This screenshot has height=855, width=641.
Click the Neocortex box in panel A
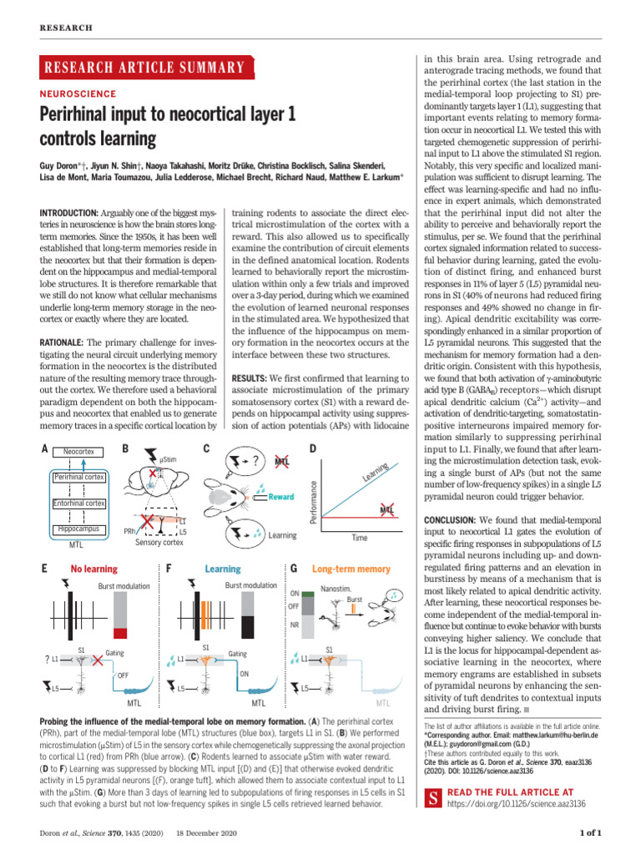pyautogui.click(x=78, y=452)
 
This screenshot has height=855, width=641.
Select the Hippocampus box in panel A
pyautogui.click(x=78, y=529)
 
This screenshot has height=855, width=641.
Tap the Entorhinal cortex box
pyautogui.click(x=78, y=503)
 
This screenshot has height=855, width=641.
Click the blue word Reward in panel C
pyautogui.click(x=281, y=497)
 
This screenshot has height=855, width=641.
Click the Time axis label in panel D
pyautogui.click(x=360, y=539)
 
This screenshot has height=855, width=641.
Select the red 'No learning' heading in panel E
pyautogui.click(x=94, y=569)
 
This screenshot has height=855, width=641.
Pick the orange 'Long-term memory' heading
pyautogui.click(x=351, y=569)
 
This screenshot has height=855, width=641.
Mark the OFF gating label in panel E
pyautogui.click(x=123, y=675)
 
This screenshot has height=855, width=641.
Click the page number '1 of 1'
pyautogui.click(x=590, y=832)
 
